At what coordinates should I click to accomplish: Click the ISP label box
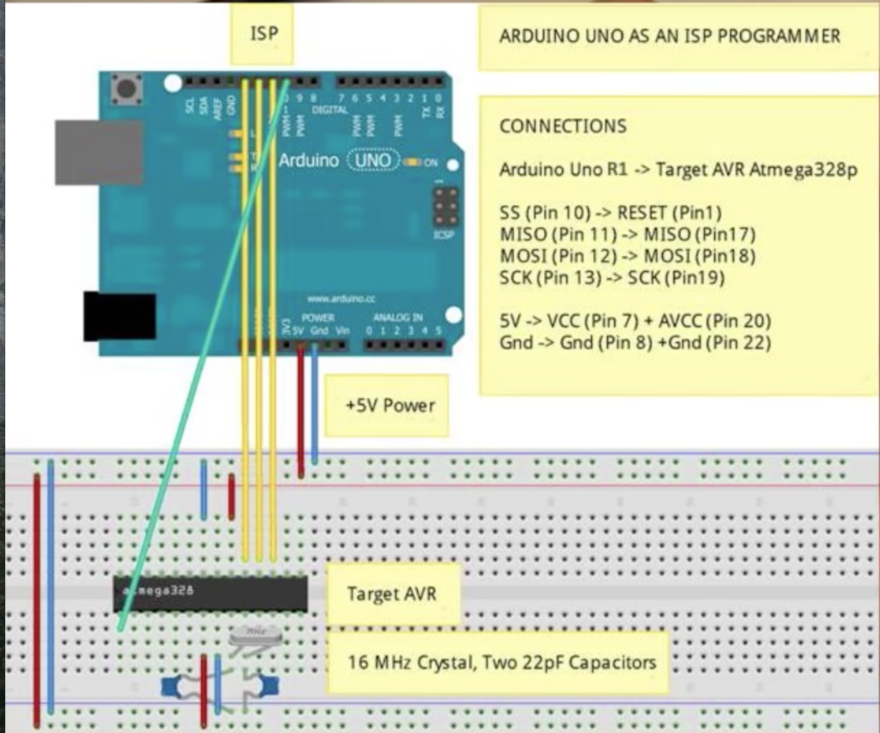click(x=263, y=34)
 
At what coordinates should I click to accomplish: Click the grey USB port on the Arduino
click(x=99, y=152)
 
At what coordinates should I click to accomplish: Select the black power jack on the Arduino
click(x=120, y=316)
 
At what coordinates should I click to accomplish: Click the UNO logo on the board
click(x=372, y=160)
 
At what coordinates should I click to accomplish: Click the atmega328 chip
click(x=210, y=593)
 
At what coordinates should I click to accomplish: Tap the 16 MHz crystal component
click(x=255, y=636)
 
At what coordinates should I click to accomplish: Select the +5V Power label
click(x=388, y=406)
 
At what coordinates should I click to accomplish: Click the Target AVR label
click(x=392, y=594)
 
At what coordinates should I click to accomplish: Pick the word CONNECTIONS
click(x=563, y=126)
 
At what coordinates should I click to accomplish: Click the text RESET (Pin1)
click(x=669, y=213)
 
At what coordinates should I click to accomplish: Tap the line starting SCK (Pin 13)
click(x=611, y=278)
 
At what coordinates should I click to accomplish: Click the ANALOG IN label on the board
click(x=398, y=317)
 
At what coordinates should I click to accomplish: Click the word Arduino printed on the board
click(x=309, y=160)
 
